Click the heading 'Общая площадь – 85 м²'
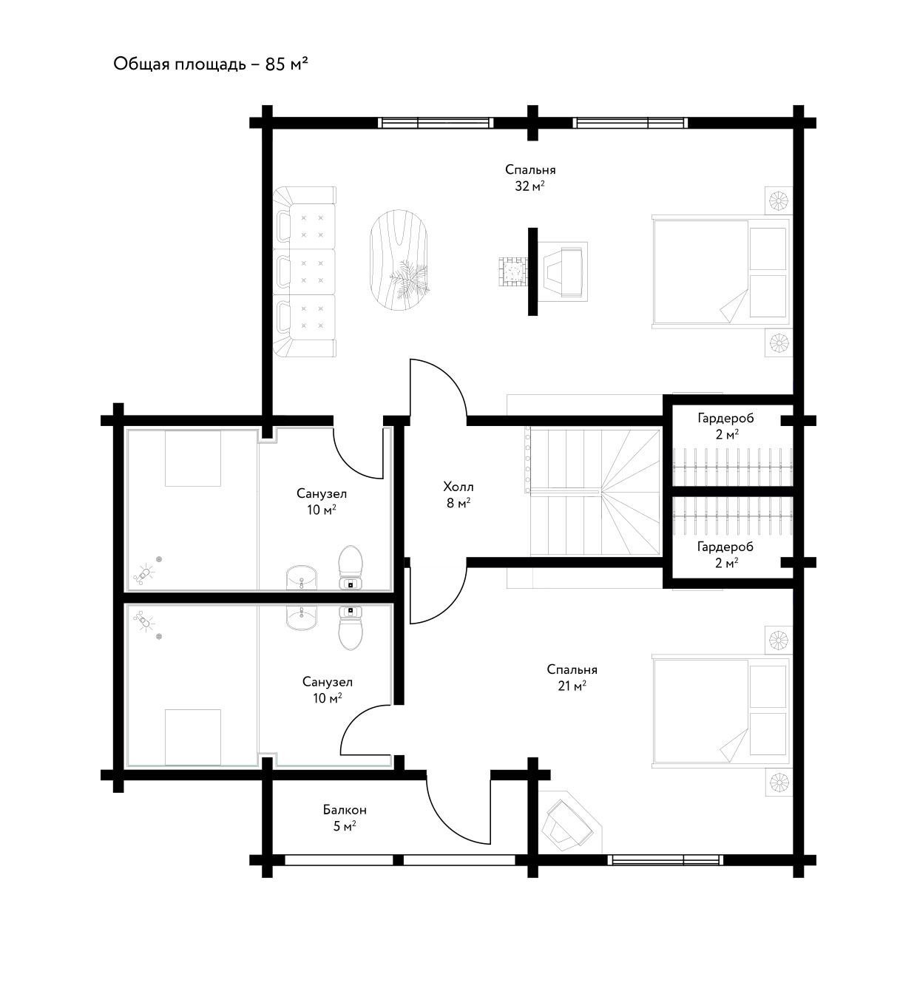click(x=211, y=64)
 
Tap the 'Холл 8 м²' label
click(x=458, y=495)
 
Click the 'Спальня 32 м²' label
click(x=530, y=178)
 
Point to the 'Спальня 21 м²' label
click(x=572, y=677)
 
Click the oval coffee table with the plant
click(x=399, y=260)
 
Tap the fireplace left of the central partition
click(x=512, y=271)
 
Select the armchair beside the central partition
click(x=562, y=271)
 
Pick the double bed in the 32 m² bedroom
click(x=720, y=271)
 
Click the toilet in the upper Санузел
click(x=351, y=567)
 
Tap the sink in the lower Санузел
click(x=302, y=618)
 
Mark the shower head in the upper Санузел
click(x=143, y=574)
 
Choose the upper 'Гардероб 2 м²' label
click(x=725, y=425)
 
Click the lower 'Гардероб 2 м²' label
click(x=725, y=554)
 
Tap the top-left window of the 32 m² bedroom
click(x=436, y=123)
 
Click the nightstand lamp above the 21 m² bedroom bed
click(x=779, y=641)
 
